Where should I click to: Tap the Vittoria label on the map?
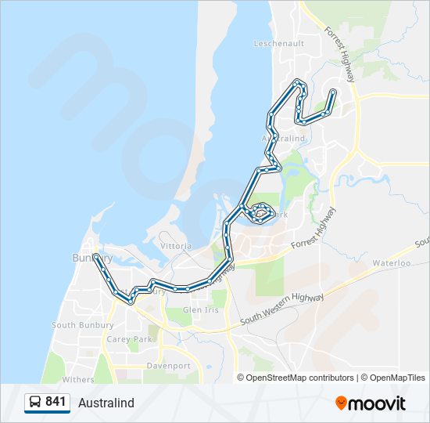pos(175,246)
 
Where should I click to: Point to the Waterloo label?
pos(391,263)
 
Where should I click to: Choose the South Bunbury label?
pos(74,325)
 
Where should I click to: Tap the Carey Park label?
pos(130,339)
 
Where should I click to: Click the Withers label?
pos(78,380)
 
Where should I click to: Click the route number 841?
pos(56,402)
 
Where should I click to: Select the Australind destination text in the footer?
pos(106,403)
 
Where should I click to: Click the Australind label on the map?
pos(281,138)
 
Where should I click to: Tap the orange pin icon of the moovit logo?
pos(341,403)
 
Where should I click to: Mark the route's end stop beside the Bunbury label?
pos(95,256)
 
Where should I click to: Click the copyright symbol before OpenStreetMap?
pos(241,378)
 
